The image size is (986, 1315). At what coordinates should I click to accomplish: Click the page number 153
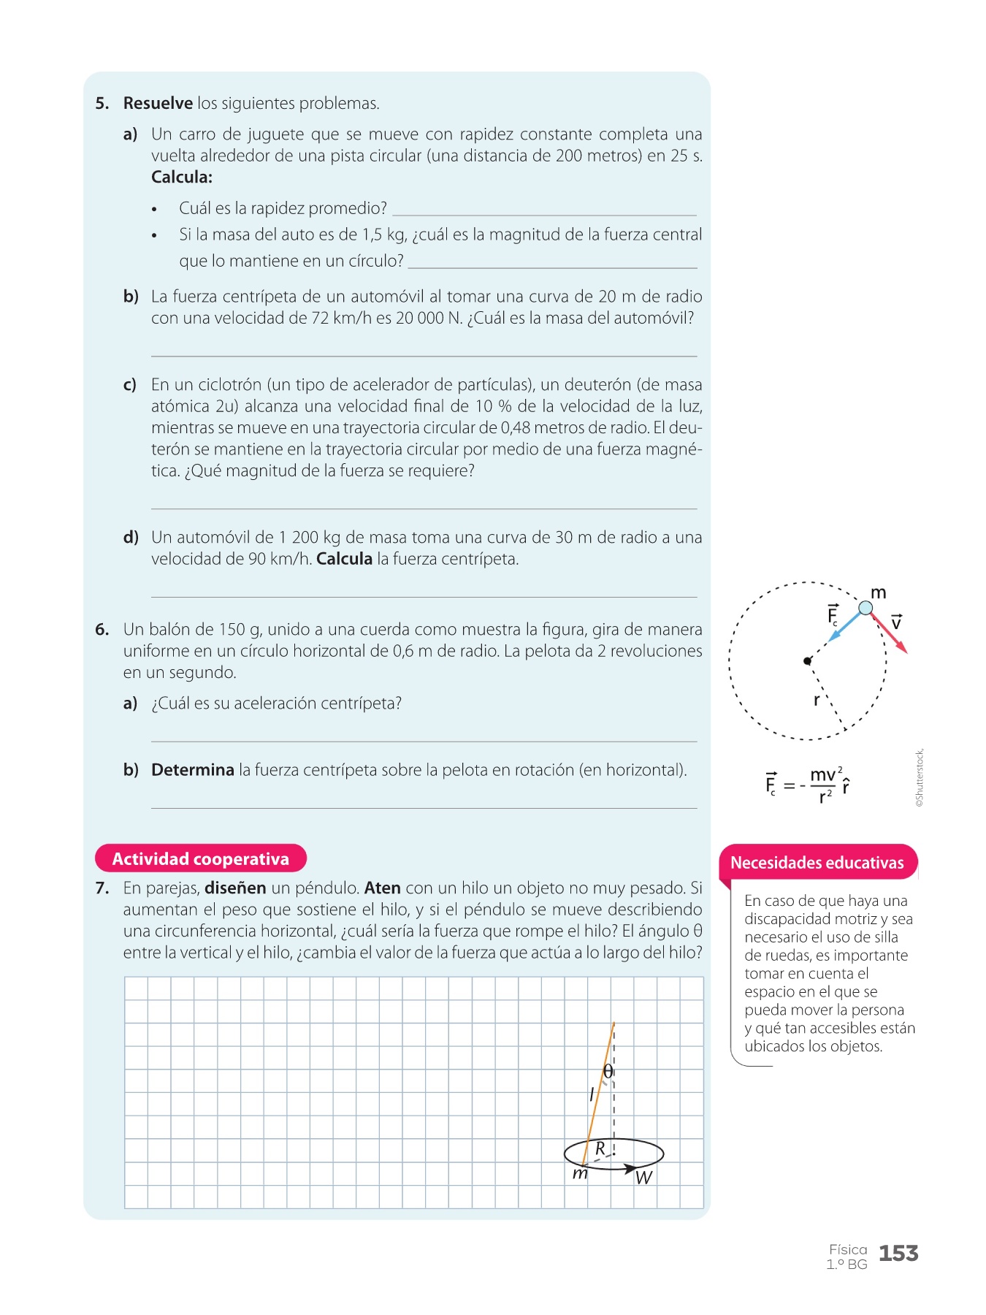click(x=898, y=1254)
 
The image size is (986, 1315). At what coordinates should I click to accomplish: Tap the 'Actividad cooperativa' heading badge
click(x=200, y=858)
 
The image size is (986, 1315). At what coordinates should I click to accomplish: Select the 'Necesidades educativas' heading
click(x=817, y=863)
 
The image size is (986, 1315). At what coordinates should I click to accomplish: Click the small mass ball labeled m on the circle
click(x=865, y=608)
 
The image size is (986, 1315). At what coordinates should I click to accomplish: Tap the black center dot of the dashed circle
click(x=807, y=661)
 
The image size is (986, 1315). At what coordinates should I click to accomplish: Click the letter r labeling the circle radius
click(x=817, y=700)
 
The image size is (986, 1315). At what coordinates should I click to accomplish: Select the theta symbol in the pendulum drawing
click(x=608, y=1072)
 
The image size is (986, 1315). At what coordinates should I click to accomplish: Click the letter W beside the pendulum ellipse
click(x=643, y=1178)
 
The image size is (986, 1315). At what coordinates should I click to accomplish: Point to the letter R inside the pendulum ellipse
click(x=600, y=1148)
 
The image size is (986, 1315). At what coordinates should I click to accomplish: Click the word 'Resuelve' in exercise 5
click(x=158, y=104)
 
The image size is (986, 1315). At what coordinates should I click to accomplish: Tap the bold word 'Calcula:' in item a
click(x=182, y=178)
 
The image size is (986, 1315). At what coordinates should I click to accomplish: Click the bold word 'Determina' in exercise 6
click(x=193, y=770)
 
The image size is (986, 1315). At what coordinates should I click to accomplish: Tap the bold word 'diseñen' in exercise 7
click(x=235, y=888)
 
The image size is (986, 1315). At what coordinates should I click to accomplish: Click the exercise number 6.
click(x=102, y=630)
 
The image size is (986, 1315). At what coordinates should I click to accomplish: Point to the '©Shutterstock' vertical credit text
click(x=920, y=777)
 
